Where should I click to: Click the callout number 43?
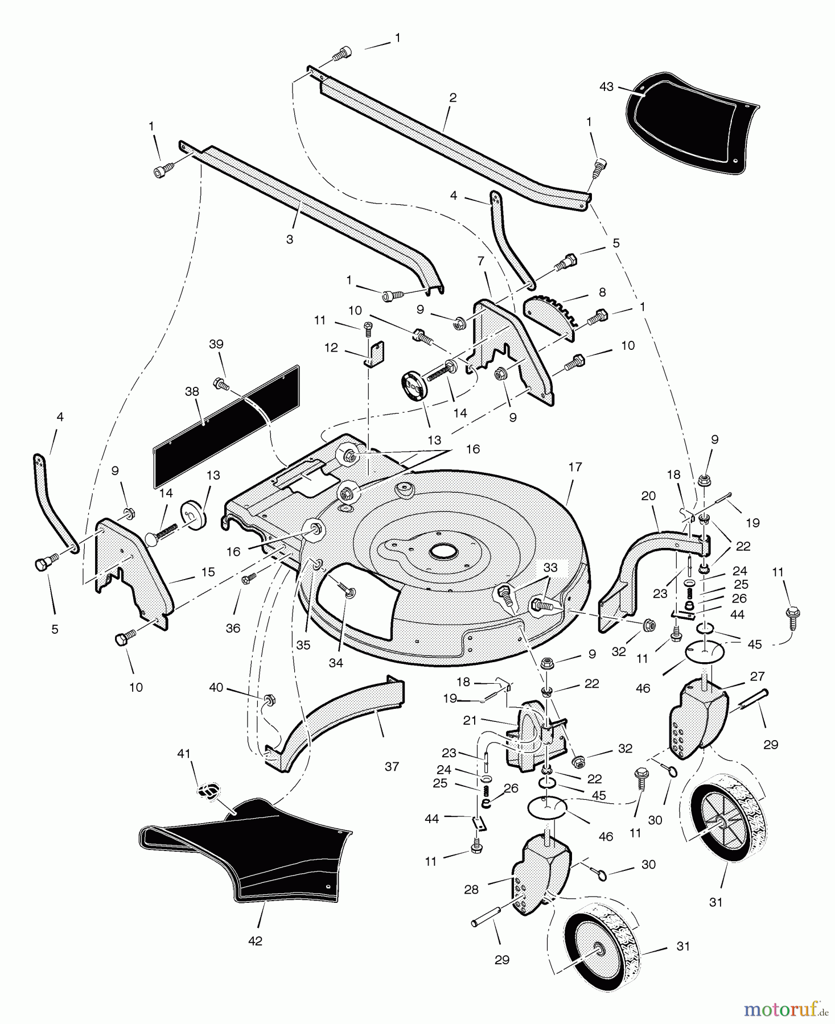[x=607, y=86]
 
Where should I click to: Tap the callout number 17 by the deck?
[x=575, y=467]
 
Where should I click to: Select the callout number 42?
[x=256, y=941]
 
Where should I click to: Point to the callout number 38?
[x=191, y=392]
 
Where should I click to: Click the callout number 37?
[x=392, y=766]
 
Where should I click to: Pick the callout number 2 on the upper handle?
[x=453, y=98]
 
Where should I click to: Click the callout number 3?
[x=290, y=240]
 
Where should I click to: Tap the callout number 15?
[x=209, y=572]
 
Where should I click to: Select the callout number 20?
[x=648, y=496]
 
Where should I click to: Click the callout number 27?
[x=758, y=677]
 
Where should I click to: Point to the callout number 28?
[x=471, y=890]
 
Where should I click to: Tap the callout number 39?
[x=216, y=344]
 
